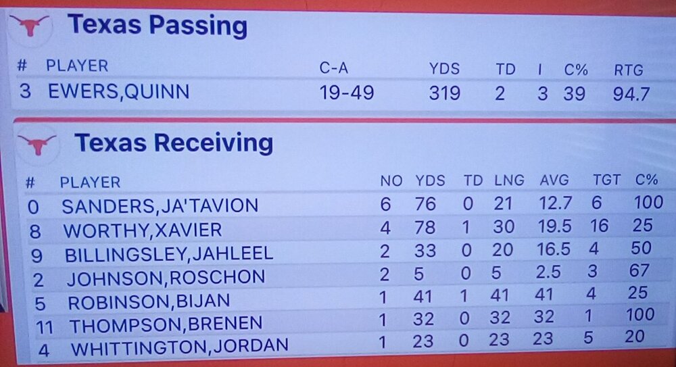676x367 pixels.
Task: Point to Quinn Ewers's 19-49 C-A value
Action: click(346, 93)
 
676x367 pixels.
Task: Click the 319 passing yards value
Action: click(444, 93)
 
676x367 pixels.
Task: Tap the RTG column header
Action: click(628, 70)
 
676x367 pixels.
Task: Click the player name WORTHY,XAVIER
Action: click(142, 230)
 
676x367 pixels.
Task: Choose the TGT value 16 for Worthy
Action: click(599, 227)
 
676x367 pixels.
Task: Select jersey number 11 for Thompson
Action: click(45, 326)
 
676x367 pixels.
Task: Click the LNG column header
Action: click(508, 180)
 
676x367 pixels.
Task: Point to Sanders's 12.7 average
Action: click(554, 203)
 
